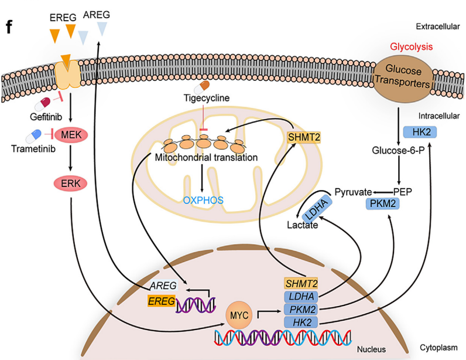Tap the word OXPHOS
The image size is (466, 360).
click(x=203, y=201)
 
